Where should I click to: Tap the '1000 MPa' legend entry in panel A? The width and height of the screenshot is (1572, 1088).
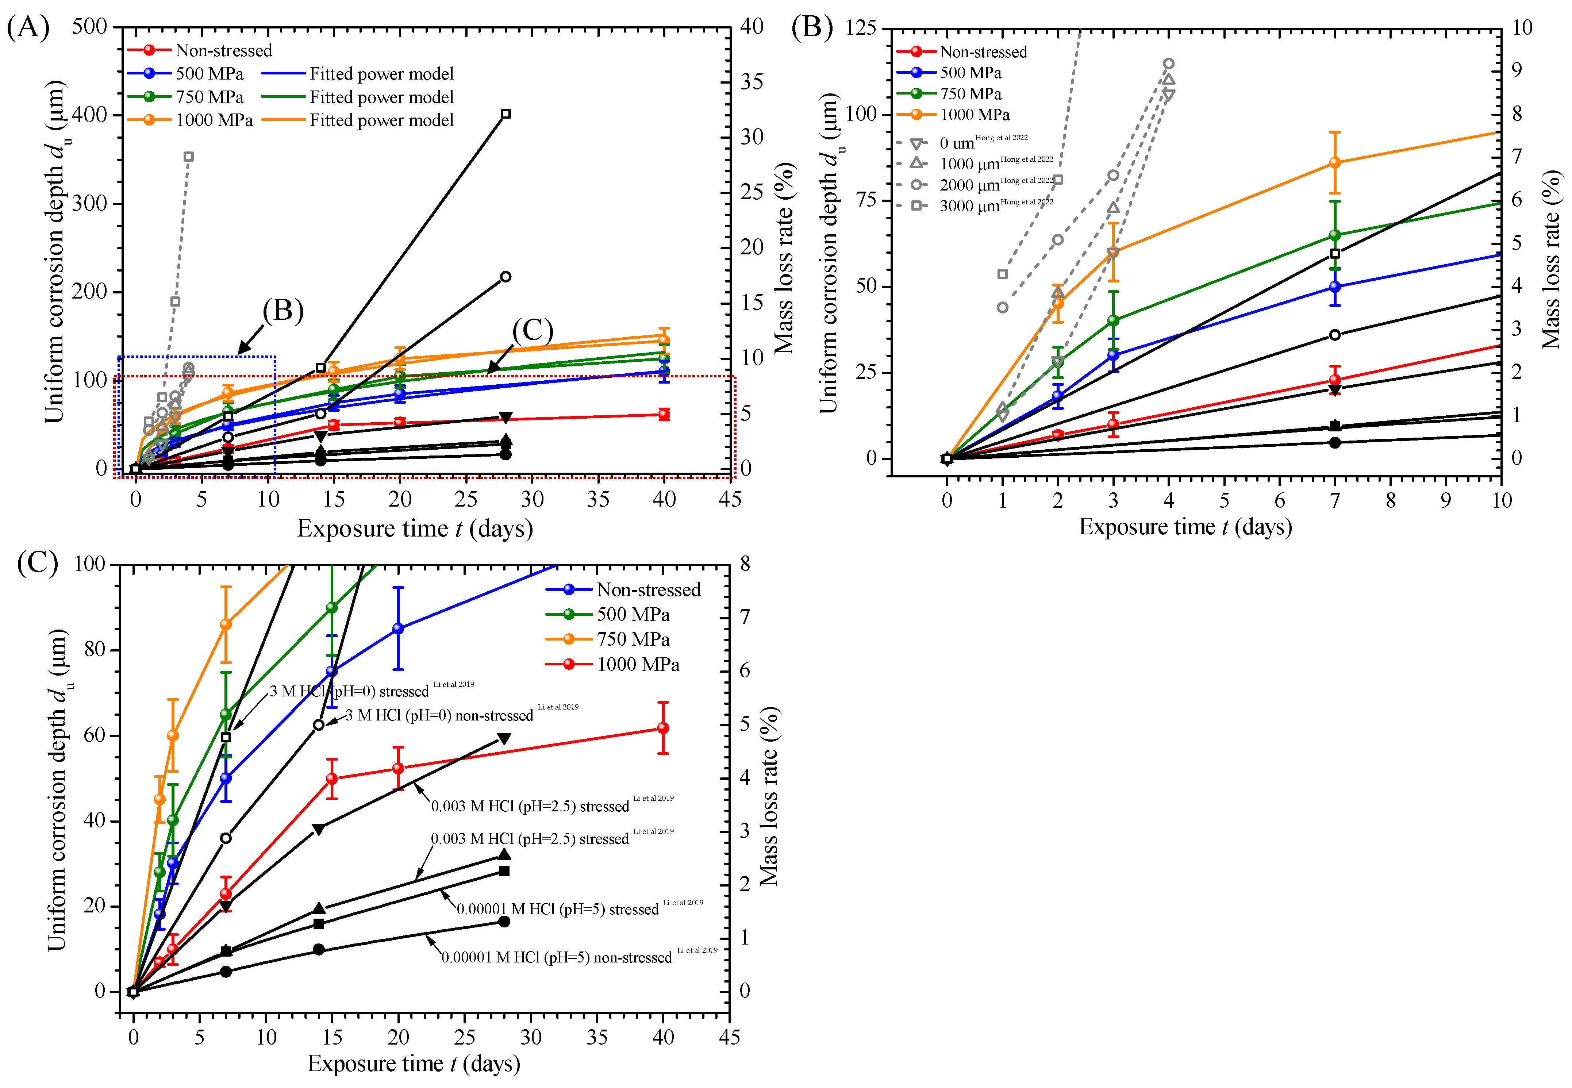click(x=214, y=121)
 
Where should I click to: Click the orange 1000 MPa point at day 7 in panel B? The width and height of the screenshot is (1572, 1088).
click(x=1335, y=163)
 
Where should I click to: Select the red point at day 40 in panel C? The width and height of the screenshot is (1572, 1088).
click(x=662, y=728)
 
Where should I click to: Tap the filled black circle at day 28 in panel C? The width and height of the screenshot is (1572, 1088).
click(x=504, y=922)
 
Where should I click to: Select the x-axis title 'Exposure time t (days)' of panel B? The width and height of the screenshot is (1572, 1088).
click(x=1185, y=527)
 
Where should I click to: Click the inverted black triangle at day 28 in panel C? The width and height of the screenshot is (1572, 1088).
click(x=504, y=739)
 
